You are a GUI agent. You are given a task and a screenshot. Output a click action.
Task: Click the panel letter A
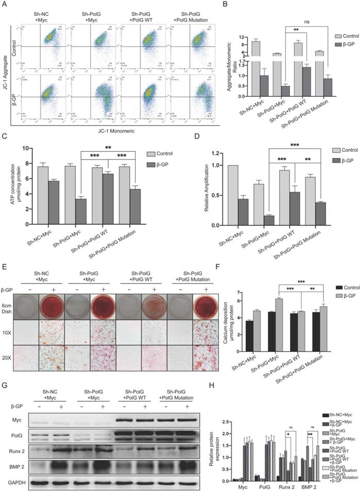(x=5, y=6)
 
